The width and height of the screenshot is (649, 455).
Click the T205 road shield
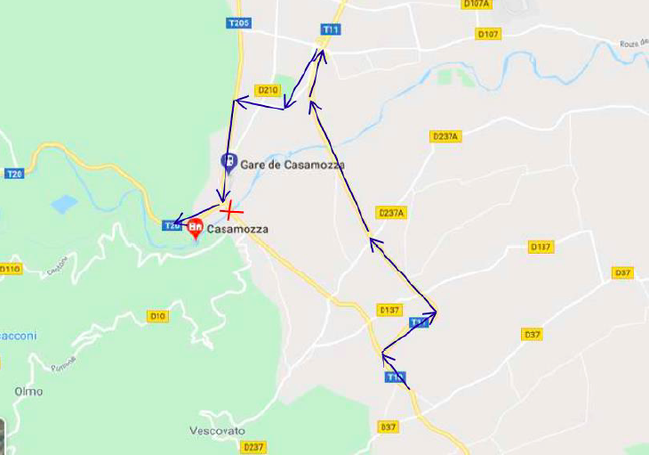(238, 23)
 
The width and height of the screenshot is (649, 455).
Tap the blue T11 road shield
(331, 29)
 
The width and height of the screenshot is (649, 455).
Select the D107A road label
(477, 4)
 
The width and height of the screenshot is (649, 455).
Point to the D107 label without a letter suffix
(489, 34)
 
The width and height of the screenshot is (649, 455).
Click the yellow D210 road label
(268, 90)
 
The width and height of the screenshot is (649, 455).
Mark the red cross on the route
(230, 210)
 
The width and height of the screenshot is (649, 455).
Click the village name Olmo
(28, 391)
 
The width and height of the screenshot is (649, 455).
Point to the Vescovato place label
(216, 430)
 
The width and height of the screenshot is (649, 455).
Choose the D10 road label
(157, 316)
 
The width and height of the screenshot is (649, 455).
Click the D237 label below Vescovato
(254, 447)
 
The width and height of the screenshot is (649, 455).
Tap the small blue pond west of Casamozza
(64, 205)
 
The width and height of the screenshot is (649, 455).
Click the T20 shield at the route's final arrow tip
(173, 225)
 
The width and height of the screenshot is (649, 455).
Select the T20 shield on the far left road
(13, 174)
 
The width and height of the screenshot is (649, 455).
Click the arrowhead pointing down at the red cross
(225, 197)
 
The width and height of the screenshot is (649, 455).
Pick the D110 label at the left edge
(10, 268)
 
